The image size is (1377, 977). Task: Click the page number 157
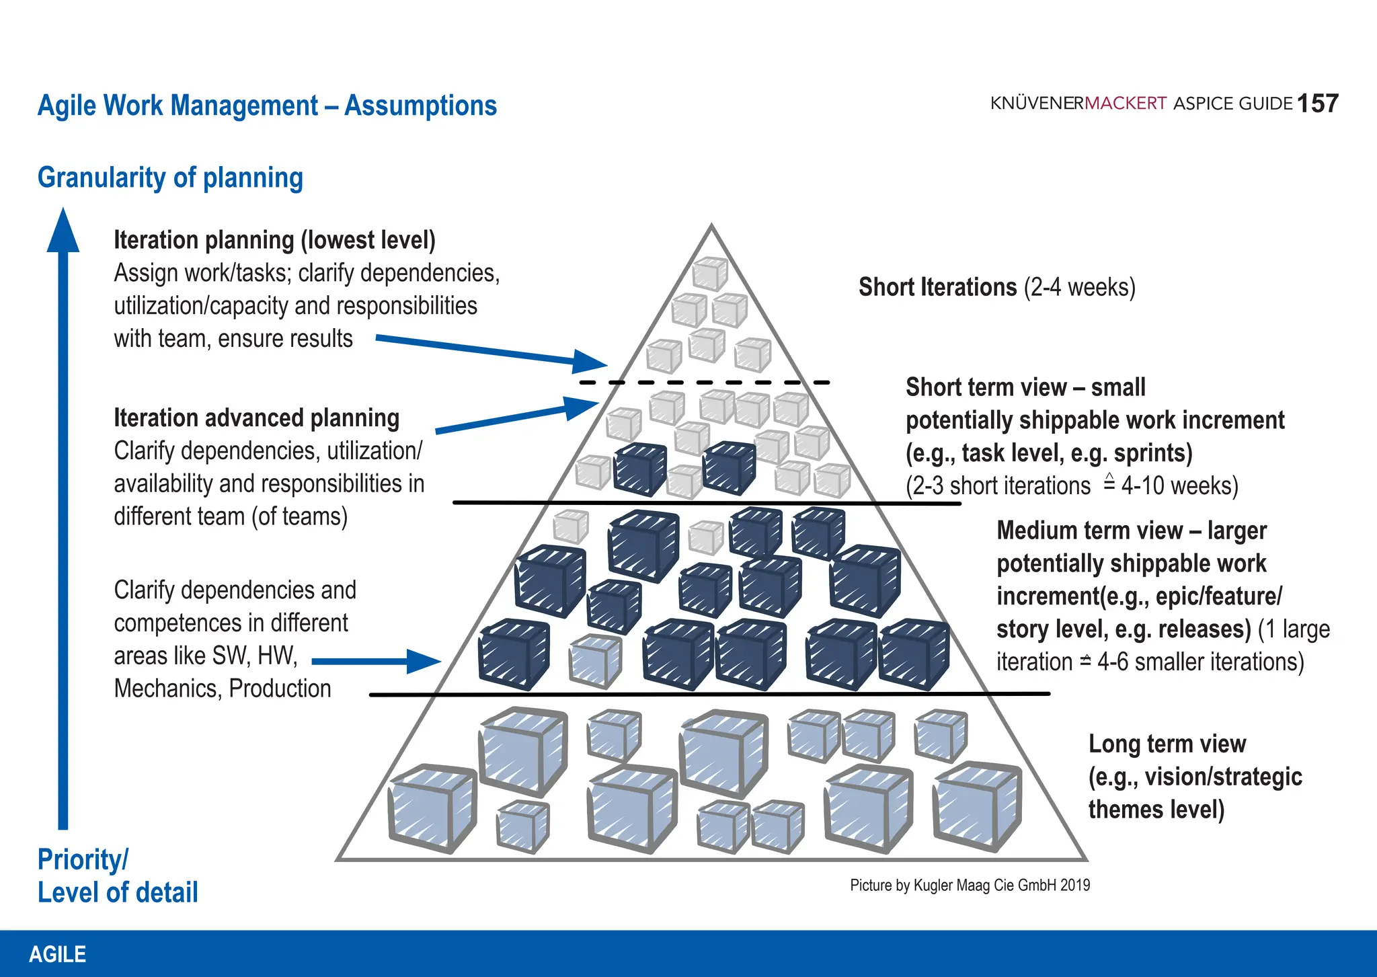click(x=1317, y=104)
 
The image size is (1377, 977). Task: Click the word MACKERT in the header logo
click(x=1126, y=104)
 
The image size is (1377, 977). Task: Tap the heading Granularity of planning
click(x=170, y=178)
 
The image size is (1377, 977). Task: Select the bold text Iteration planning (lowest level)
click(x=274, y=240)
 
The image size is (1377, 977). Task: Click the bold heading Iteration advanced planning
click(x=256, y=418)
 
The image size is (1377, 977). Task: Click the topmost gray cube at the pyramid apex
click(x=710, y=274)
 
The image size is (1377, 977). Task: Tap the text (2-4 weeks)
click(x=1079, y=288)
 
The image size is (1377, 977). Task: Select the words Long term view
click(x=1167, y=744)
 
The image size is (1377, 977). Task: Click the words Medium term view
click(x=1089, y=531)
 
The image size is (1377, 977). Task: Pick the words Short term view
click(x=986, y=388)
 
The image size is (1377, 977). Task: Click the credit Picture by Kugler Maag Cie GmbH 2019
click(x=970, y=885)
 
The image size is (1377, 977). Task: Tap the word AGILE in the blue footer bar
click(x=58, y=954)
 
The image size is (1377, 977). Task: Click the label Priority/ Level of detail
click(x=117, y=876)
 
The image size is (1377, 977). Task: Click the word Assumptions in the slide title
click(x=420, y=106)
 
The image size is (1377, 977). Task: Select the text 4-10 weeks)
click(x=1179, y=486)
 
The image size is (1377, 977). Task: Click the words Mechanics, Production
click(x=222, y=689)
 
